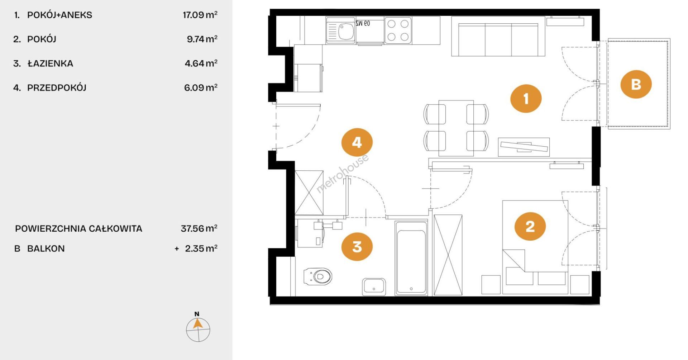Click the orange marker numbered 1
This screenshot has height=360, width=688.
pos(526,99)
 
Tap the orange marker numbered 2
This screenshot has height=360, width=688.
pos(530,226)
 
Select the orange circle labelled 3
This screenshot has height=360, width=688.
pos(357,246)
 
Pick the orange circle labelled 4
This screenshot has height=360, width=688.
pos(357,142)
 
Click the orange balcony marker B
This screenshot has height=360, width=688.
pos(636,84)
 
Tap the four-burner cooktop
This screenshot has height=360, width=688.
pos(398,30)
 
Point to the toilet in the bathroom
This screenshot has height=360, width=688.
pos(318,276)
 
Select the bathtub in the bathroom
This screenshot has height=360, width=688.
pos(411,258)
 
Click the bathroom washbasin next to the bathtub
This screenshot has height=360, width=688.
pos(374,287)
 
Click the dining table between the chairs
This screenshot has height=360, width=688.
pos(456,128)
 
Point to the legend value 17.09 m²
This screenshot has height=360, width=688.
pos(200,15)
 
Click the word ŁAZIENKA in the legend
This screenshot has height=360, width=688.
pos(50,63)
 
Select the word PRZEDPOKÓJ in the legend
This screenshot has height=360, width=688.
pos(57,87)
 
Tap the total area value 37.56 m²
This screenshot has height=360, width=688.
pos(199,228)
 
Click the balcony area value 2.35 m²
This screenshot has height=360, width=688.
pos(201,248)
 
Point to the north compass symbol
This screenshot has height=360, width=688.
pos(198,327)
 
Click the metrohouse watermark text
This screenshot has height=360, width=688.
pos(342,174)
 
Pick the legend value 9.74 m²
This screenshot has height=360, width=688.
pos(202,39)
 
